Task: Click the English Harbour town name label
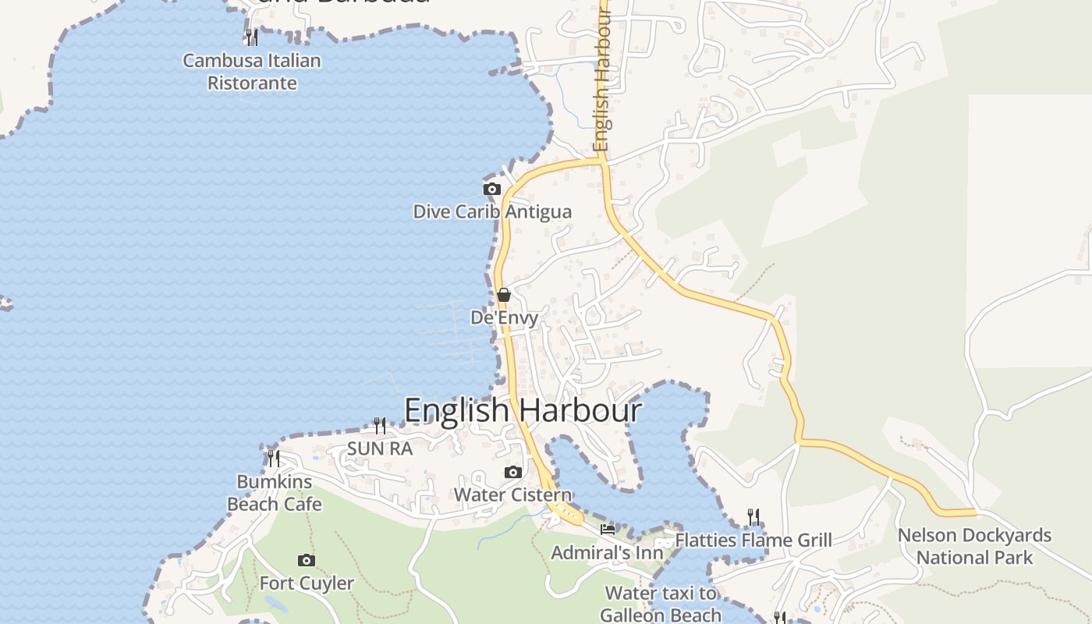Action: click(x=523, y=410)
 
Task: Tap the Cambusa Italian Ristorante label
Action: click(x=252, y=72)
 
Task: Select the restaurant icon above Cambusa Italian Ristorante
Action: click(x=251, y=37)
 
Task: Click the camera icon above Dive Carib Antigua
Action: click(x=491, y=189)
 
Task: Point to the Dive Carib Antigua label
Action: click(x=491, y=211)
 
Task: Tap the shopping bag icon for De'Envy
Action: click(x=504, y=295)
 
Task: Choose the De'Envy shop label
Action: click(x=504, y=317)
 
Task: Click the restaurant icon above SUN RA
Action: click(x=380, y=425)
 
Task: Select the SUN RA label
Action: click(x=380, y=448)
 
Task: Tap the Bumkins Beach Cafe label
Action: click(x=275, y=493)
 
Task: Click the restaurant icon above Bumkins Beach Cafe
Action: click(x=273, y=458)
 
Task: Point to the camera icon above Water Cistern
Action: click(x=512, y=472)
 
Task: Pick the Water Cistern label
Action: click(x=512, y=495)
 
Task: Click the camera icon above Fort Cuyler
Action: click(x=307, y=560)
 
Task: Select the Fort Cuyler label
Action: click(x=307, y=583)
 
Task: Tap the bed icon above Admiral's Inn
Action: click(x=608, y=530)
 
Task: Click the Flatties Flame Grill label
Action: click(x=753, y=540)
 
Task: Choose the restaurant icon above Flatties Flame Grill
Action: click(x=753, y=516)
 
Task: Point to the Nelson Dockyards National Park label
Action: click(x=974, y=547)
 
